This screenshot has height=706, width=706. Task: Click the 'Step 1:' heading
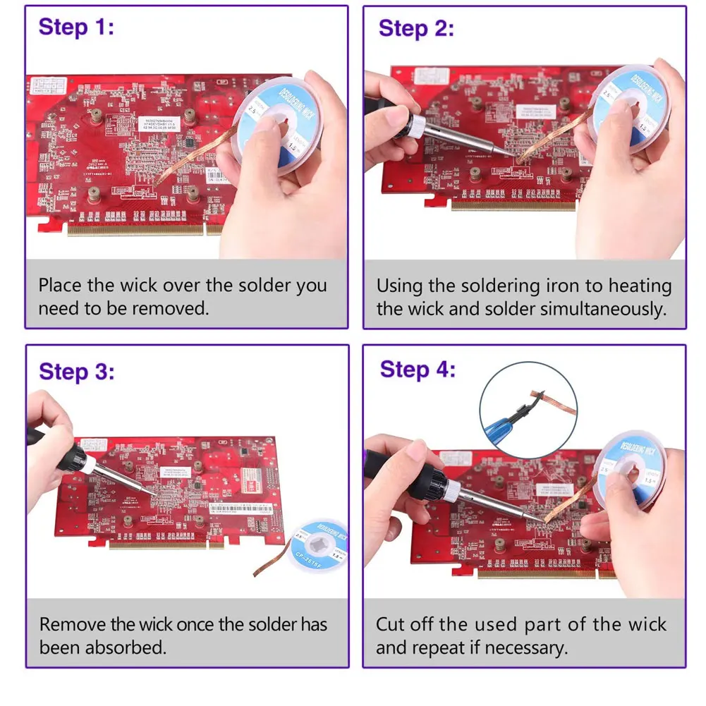click(x=76, y=28)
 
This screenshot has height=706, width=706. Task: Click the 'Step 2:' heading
click(x=416, y=29)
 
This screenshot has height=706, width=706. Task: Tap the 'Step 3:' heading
click(x=76, y=372)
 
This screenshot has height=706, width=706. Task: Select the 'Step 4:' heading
click(x=418, y=370)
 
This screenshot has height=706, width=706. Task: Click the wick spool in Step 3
click(x=319, y=544)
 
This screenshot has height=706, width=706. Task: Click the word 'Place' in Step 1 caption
click(x=61, y=286)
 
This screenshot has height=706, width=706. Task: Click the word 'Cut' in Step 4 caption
click(x=390, y=624)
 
